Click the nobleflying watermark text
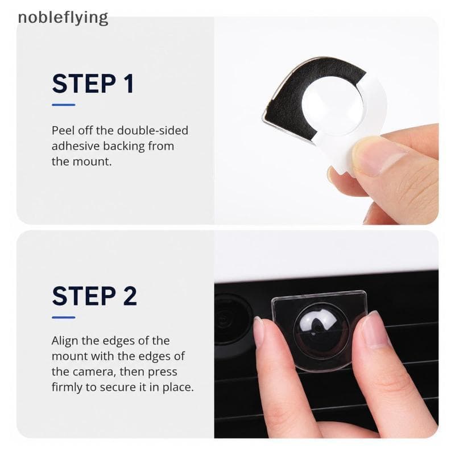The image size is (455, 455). click(63, 18)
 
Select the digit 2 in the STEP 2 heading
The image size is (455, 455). click(130, 296)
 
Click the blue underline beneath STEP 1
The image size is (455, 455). click(64, 105)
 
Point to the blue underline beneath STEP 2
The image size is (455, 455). click(64, 317)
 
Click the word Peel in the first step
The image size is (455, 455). click(63, 131)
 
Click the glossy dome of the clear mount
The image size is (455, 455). click(321, 331)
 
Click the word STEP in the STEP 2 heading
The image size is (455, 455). click(84, 296)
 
